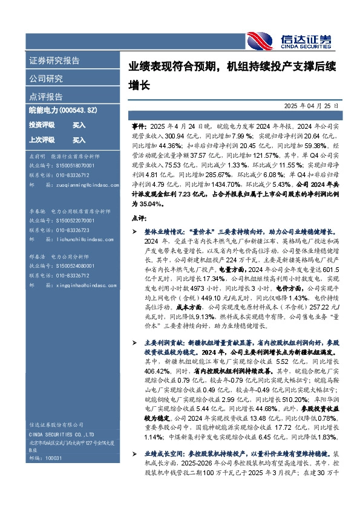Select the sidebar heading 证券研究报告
[x=54, y=61]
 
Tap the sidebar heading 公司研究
[x=45, y=79]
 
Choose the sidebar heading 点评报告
[x=45, y=96]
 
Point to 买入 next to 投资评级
[x=79, y=125]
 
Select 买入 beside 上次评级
[x=79, y=140]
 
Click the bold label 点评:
[x=139, y=217]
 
